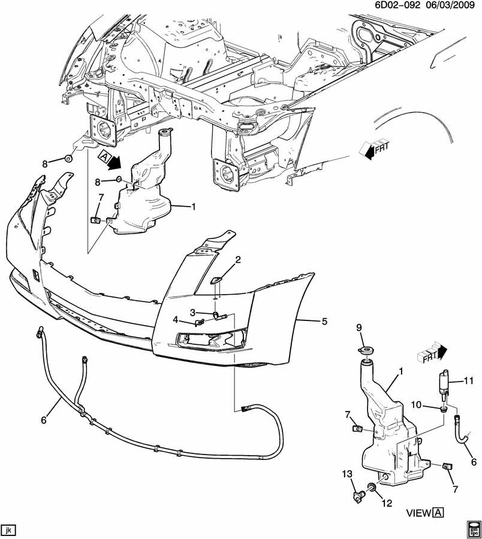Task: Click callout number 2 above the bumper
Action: click(238, 260)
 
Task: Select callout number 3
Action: click(193, 312)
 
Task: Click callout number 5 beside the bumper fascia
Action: click(324, 322)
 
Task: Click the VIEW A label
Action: click(425, 513)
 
